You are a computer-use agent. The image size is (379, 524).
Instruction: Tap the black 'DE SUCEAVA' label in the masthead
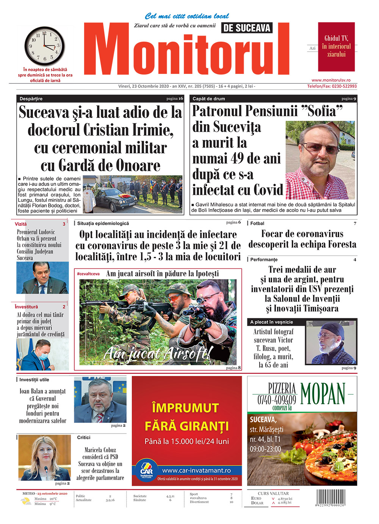247,28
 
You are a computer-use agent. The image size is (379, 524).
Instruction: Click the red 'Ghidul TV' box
336,47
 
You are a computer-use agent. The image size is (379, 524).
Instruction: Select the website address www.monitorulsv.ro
330,80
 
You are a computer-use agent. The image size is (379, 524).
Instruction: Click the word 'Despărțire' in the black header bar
31,99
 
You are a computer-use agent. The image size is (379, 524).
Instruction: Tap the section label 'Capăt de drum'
208,99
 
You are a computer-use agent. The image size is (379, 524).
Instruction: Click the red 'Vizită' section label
21,224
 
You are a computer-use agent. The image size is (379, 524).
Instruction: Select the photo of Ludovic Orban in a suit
42,278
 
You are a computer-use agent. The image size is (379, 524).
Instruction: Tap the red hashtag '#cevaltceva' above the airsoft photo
88,274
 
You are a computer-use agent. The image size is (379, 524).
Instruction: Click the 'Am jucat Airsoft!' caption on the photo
157,354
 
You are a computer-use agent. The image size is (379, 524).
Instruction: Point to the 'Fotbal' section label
257,223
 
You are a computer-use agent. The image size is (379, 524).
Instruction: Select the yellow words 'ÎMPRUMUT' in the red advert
185,408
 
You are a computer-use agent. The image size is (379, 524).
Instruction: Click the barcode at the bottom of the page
330,499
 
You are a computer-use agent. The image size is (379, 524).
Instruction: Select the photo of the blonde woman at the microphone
44,458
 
